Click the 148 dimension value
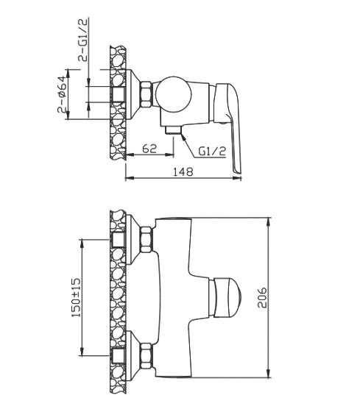click(183, 171)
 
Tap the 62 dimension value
click(150, 149)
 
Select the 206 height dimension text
click(262, 298)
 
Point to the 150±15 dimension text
click(77, 298)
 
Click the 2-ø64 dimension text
click(62, 95)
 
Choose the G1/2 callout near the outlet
click(212, 151)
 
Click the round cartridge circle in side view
click(173, 94)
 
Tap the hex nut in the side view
click(147, 94)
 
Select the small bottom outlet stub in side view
click(173, 129)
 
